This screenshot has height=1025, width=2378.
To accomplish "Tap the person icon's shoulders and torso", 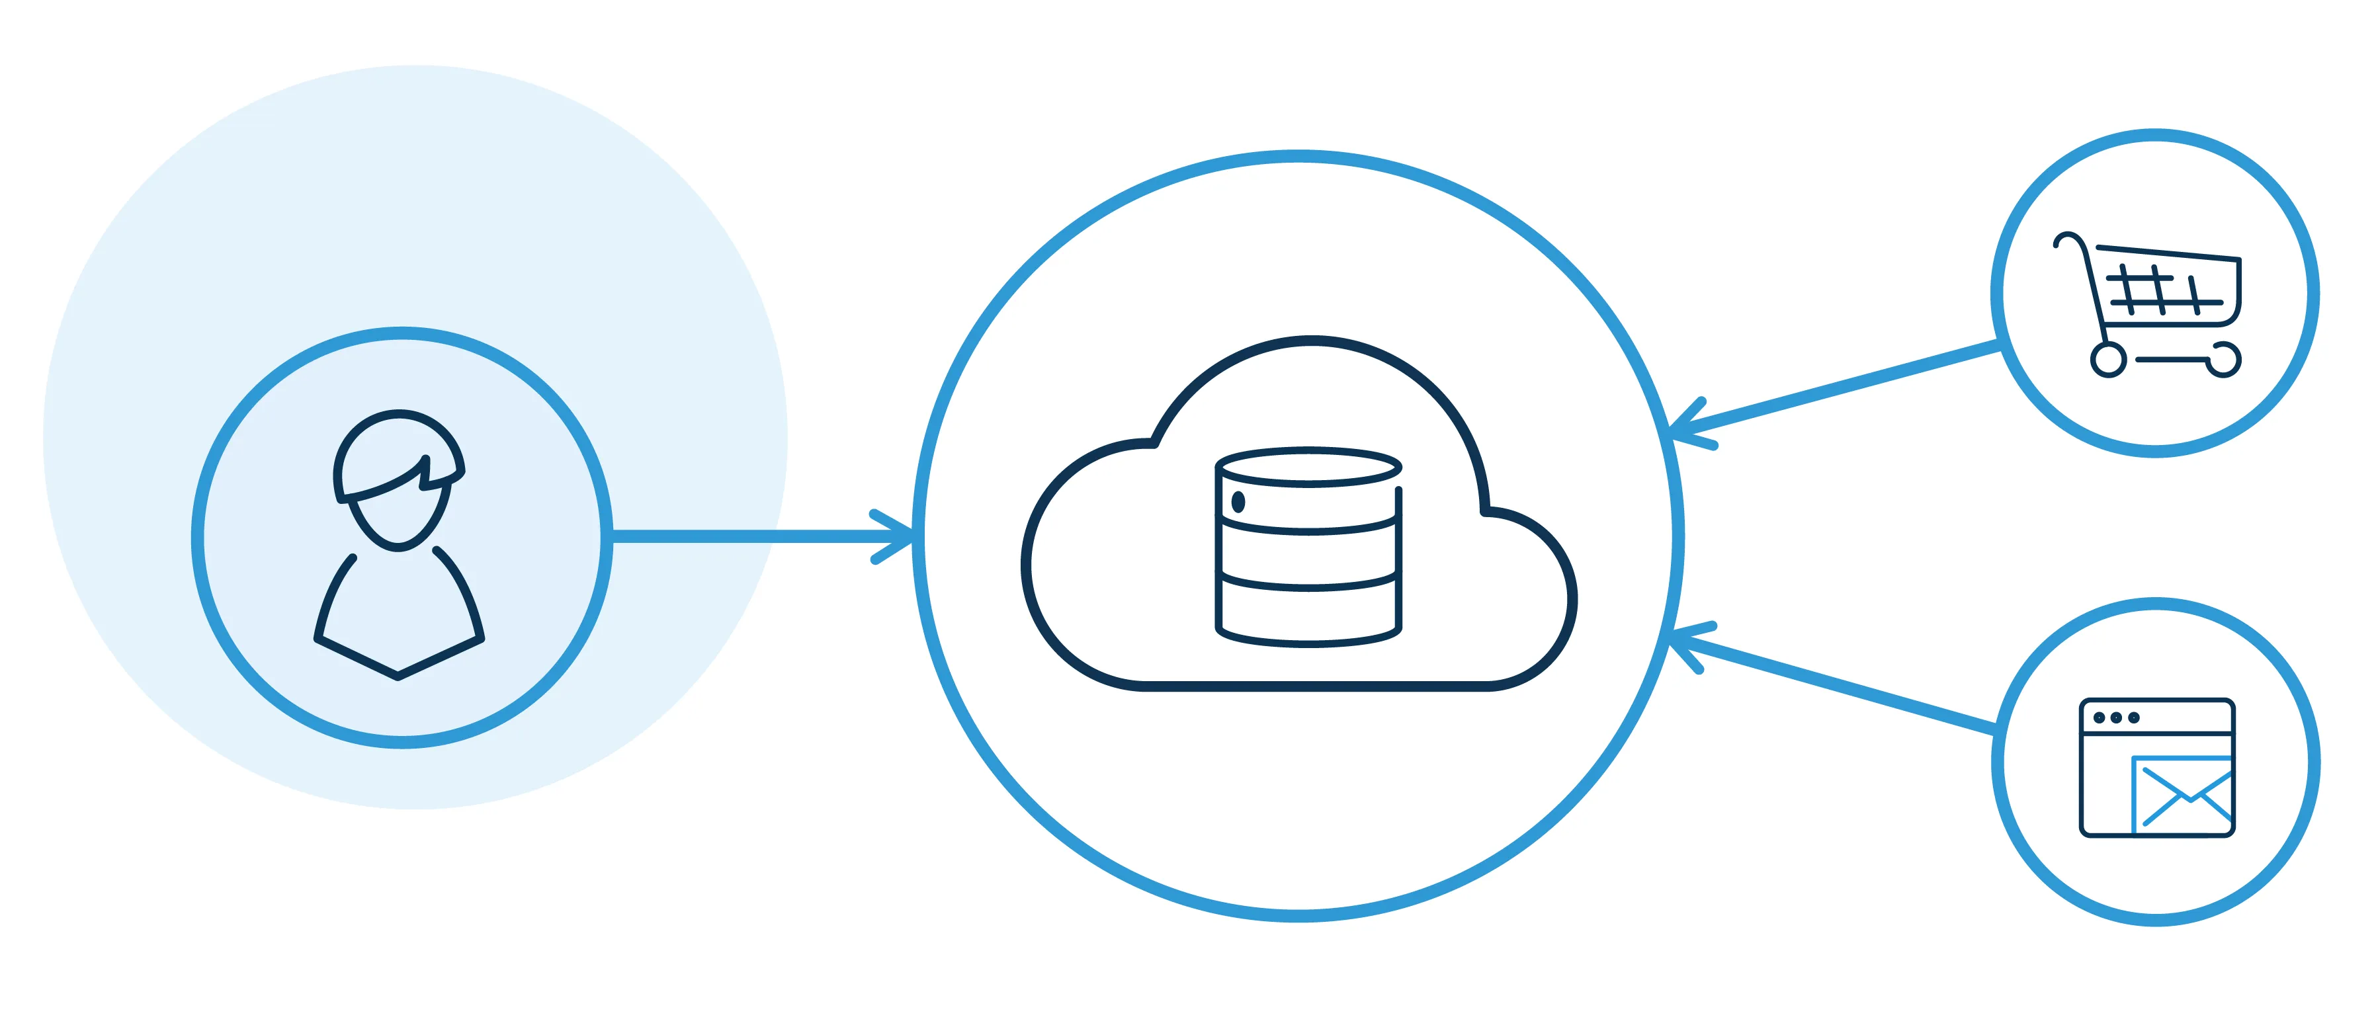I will click(399, 614).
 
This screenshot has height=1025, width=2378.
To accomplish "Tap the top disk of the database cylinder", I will click(1308, 467).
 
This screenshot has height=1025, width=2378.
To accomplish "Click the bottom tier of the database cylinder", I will click(1308, 614).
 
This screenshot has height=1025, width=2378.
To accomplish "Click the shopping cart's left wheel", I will click(2108, 360).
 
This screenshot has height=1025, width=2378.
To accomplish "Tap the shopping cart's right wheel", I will click(2225, 360).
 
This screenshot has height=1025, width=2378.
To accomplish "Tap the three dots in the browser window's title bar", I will click(2116, 717).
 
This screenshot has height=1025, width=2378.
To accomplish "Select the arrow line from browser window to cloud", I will click(1846, 687).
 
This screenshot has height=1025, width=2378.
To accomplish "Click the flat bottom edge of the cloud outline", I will click(1311, 686).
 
